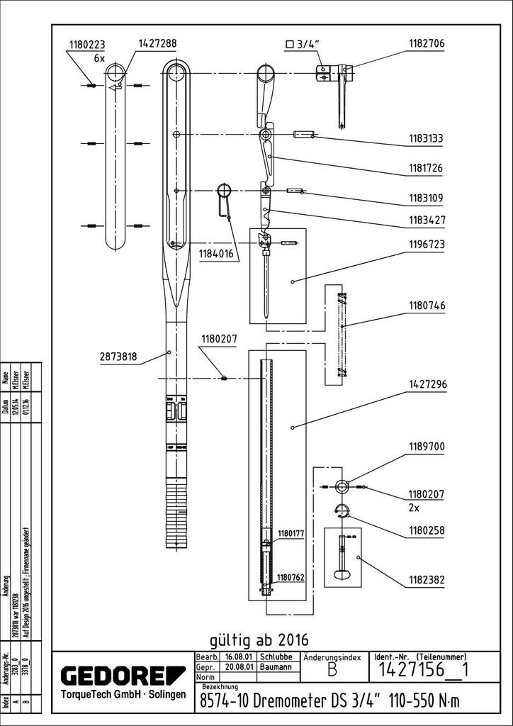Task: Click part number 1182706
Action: [x=425, y=43]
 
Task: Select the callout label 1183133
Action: [x=425, y=140]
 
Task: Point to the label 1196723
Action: [x=425, y=245]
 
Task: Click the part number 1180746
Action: [x=425, y=306]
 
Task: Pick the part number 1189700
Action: [x=425, y=447]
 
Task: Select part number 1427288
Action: [x=156, y=43]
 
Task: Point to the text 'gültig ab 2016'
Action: [x=259, y=636]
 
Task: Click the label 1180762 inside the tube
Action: [x=291, y=578]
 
